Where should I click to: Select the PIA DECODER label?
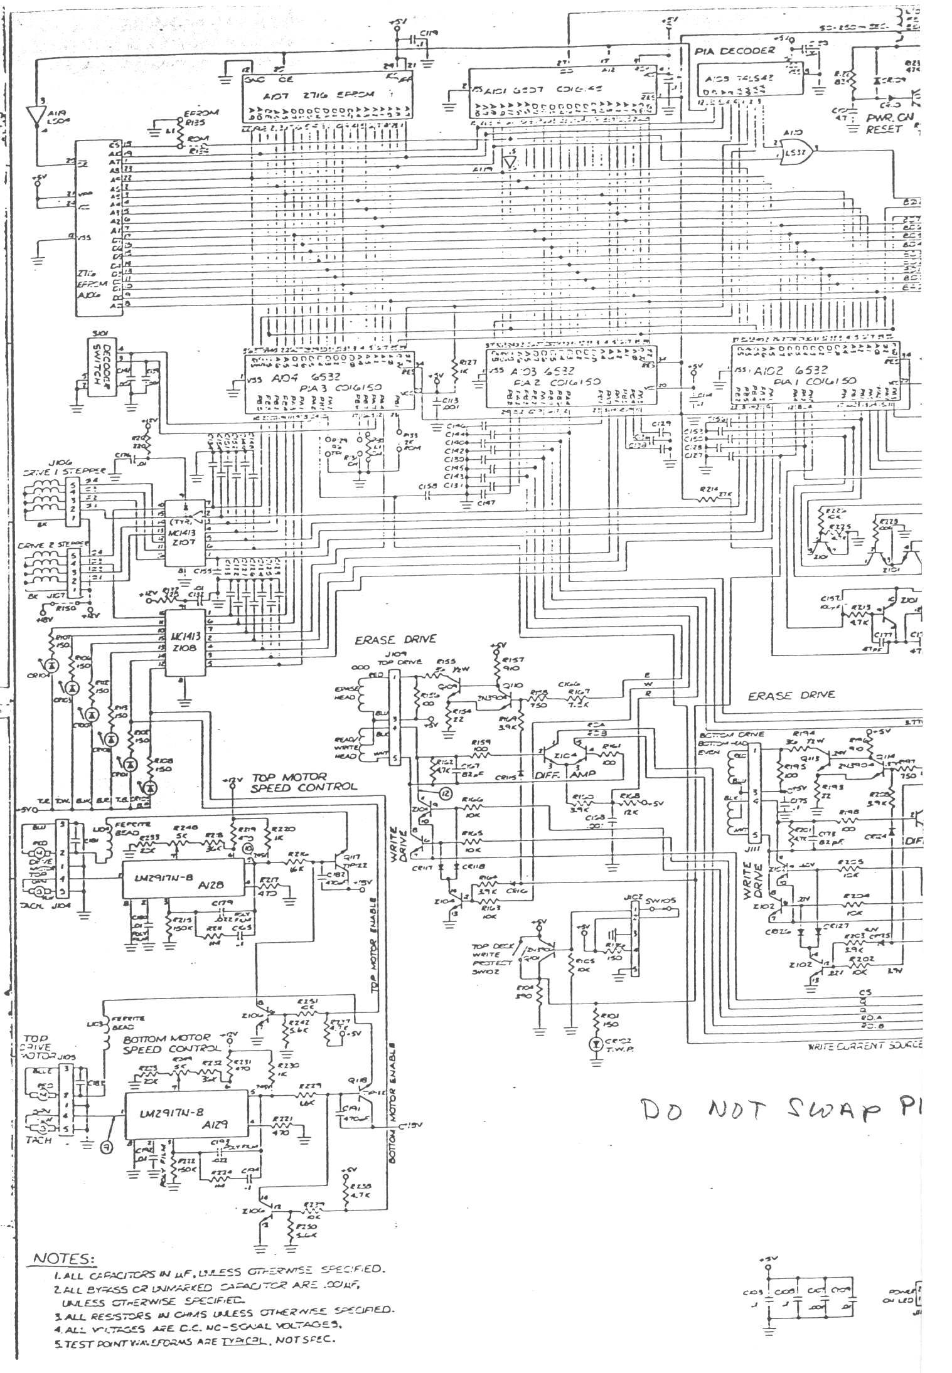pyautogui.click(x=735, y=50)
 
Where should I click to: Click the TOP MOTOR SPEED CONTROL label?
pyautogui.click(x=304, y=781)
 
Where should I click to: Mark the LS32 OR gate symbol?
pyautogui.click(x=794, y=151)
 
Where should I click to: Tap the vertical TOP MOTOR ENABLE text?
pyautogui.click(x=375, y=904)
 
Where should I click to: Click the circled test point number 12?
pyautogui.click(x=446, y=793)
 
